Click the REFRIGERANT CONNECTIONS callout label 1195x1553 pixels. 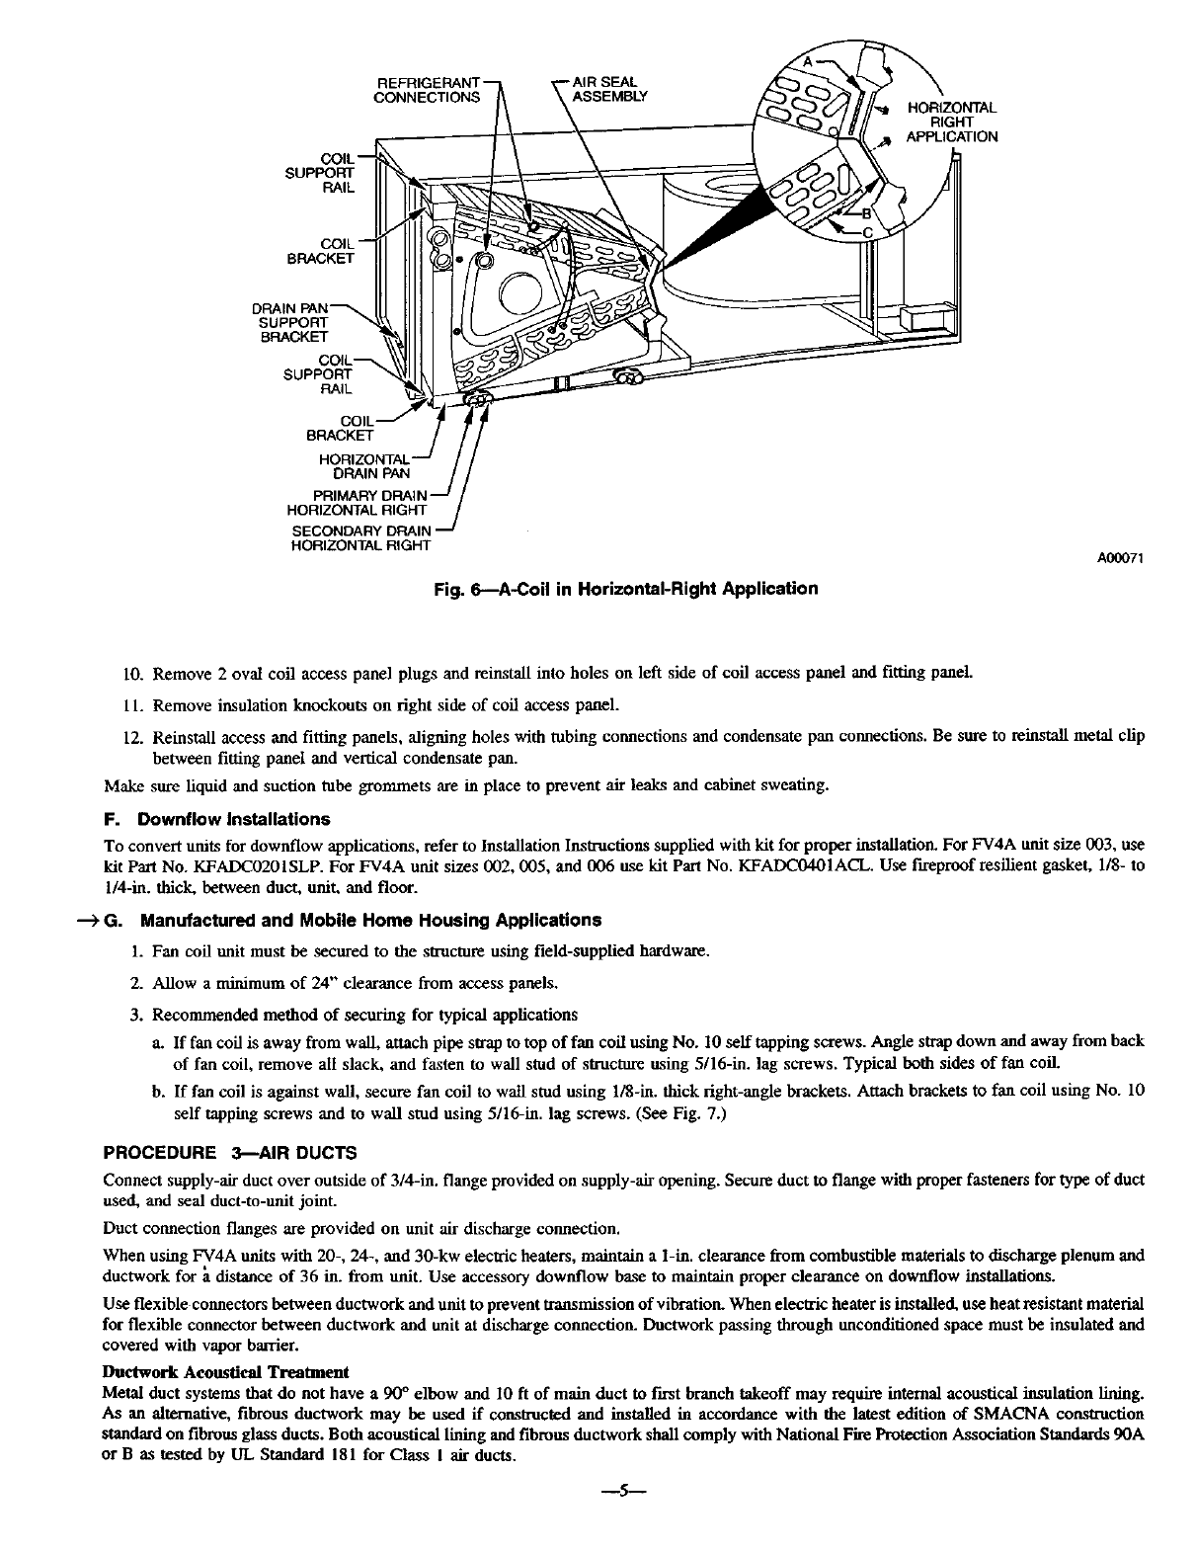tap(427, 89)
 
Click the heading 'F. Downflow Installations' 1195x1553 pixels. tap(217, 819)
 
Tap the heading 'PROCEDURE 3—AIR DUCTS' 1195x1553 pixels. tap(230, 1152)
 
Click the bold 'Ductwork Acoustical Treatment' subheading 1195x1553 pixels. tap(226, 1372)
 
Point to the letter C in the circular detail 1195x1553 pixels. tap(868, 232)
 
